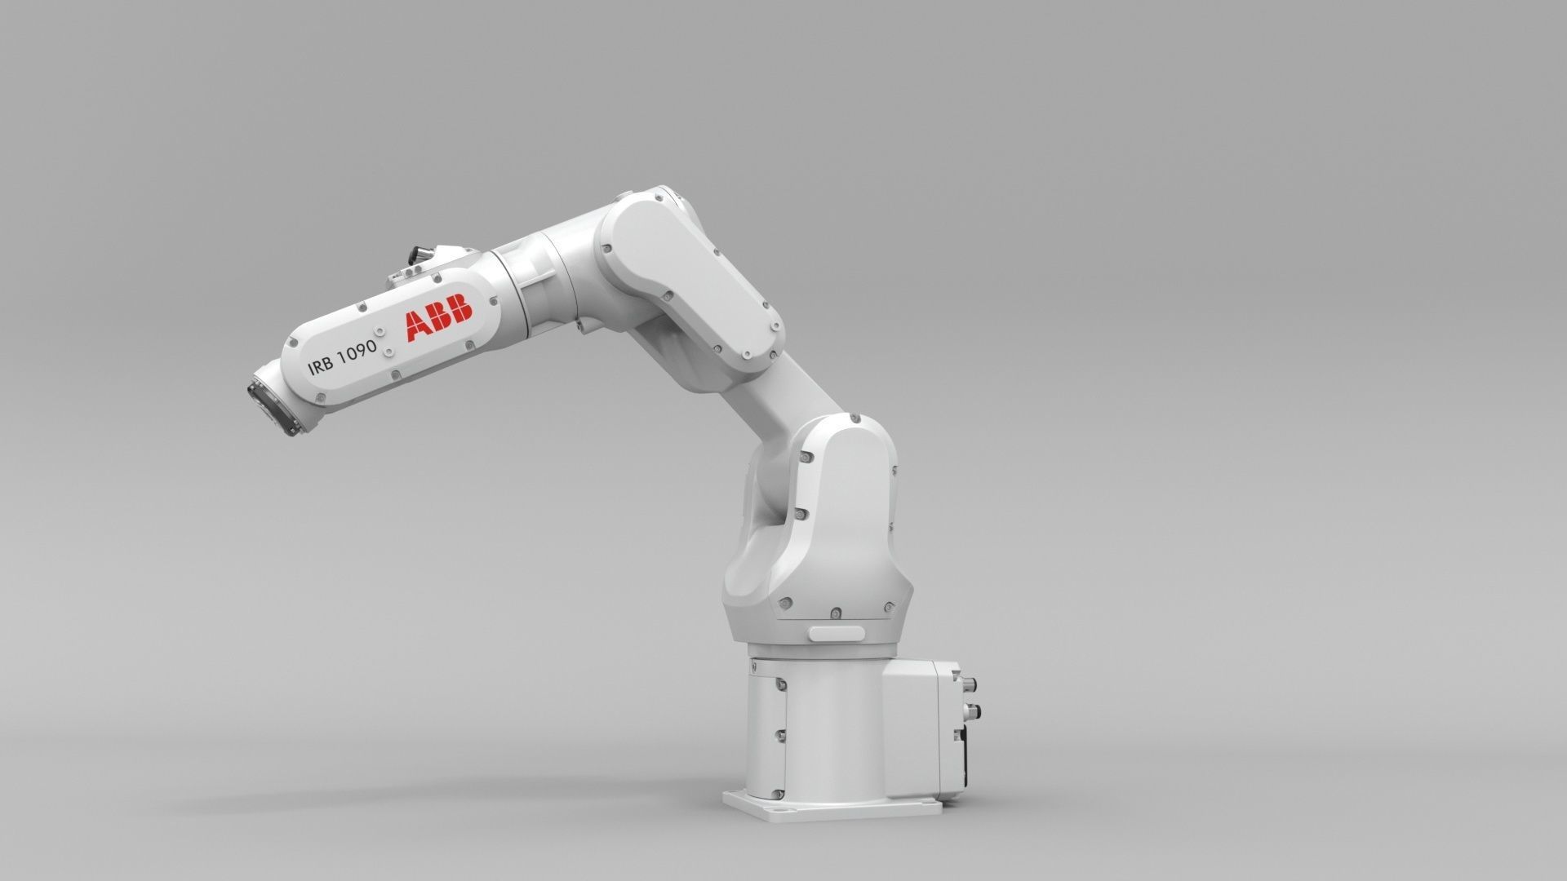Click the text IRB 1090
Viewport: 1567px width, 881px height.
pos(342,357)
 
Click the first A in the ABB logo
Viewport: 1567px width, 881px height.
pos(419,322)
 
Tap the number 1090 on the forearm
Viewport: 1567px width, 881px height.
pos(357,352)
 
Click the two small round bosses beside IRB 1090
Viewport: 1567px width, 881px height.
pos(386,349)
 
